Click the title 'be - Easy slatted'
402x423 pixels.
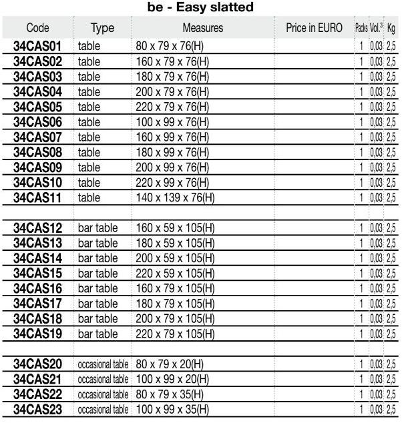[x=200, y=9]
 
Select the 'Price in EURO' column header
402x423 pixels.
[x=313, y=29]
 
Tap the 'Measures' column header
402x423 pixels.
[x=202, y=29]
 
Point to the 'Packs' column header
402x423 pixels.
[x=361, y=29]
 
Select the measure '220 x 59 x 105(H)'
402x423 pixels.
[x=178, y=273]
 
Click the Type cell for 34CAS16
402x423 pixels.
[x=97, y=288]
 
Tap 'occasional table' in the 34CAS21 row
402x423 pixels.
[x=103, y=378]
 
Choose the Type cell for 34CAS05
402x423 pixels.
[x=89, y=107]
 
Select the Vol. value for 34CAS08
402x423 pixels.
[x=377, y=152]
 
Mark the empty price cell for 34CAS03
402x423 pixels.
[x=313, y=77]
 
